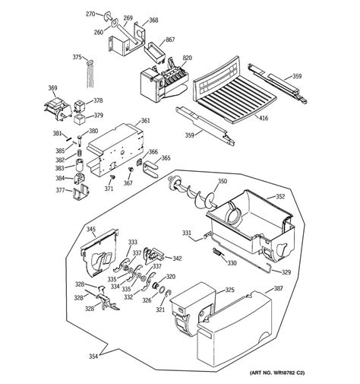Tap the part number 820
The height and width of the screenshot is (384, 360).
point(187,58)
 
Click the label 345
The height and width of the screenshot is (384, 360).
point(90,229)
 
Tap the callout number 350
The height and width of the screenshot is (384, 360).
point(223,181)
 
